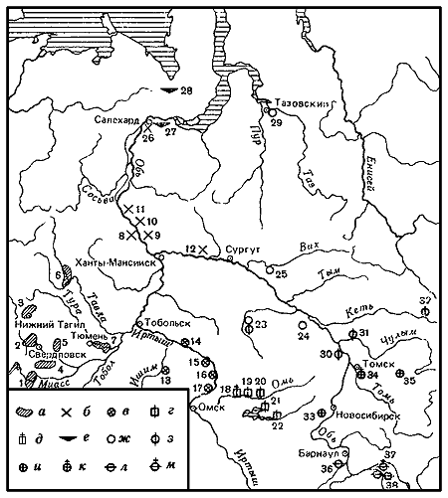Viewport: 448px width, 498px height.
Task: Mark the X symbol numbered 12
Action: [x=202, y=249]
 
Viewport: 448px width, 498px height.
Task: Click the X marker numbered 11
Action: [x=129, y=209]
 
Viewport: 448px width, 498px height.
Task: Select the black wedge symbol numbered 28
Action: [x=172, y=89]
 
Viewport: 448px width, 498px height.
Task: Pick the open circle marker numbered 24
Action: [x=301, y=325]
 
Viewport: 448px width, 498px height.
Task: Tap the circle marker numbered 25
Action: [x=267, y=266]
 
